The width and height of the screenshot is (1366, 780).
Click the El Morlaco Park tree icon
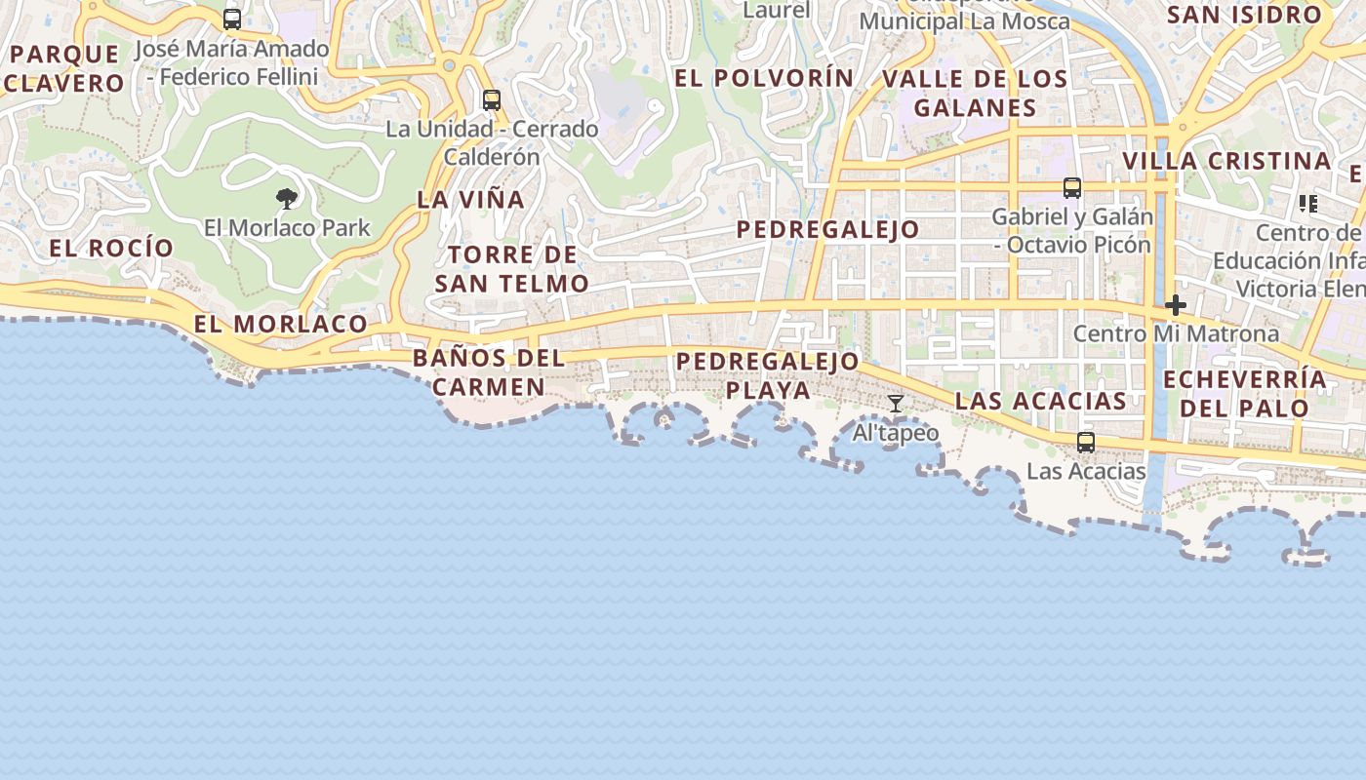tap(286, 200)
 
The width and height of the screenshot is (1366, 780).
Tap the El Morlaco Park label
tap(287, 228)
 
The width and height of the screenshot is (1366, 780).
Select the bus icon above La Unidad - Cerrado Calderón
tap(492, 100)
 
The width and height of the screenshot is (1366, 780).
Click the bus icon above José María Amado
tap(232, 19)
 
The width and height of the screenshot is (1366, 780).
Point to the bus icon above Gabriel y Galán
tap(1072, 188)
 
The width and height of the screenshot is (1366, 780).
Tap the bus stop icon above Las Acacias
tap(1086, 443)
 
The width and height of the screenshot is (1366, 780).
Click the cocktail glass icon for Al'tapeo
tap(896, 404)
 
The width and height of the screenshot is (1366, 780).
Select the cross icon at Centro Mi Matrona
tap(1176, 305)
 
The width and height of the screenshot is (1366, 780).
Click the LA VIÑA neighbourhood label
tap(471, 200)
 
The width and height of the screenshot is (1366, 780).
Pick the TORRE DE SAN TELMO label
tap(512, 269)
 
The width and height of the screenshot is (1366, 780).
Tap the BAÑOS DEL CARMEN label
tap(489, 371)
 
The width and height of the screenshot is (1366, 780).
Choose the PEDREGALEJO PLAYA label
tap(768, 375)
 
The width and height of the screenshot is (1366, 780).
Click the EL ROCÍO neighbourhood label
tap(111, 249)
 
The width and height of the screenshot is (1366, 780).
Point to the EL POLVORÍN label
tap(764, 79)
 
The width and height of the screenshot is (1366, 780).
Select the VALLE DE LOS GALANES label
tap(975, 94)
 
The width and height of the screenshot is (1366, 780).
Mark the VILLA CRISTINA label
tap(1226, 161)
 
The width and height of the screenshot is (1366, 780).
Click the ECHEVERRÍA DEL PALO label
tap(1245, 393)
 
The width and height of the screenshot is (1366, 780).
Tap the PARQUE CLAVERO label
tap(64, 68)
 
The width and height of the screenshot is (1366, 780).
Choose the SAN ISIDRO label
tap(1244, 15)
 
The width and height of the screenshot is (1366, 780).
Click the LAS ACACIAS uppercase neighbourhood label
tap(1041, 401)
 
